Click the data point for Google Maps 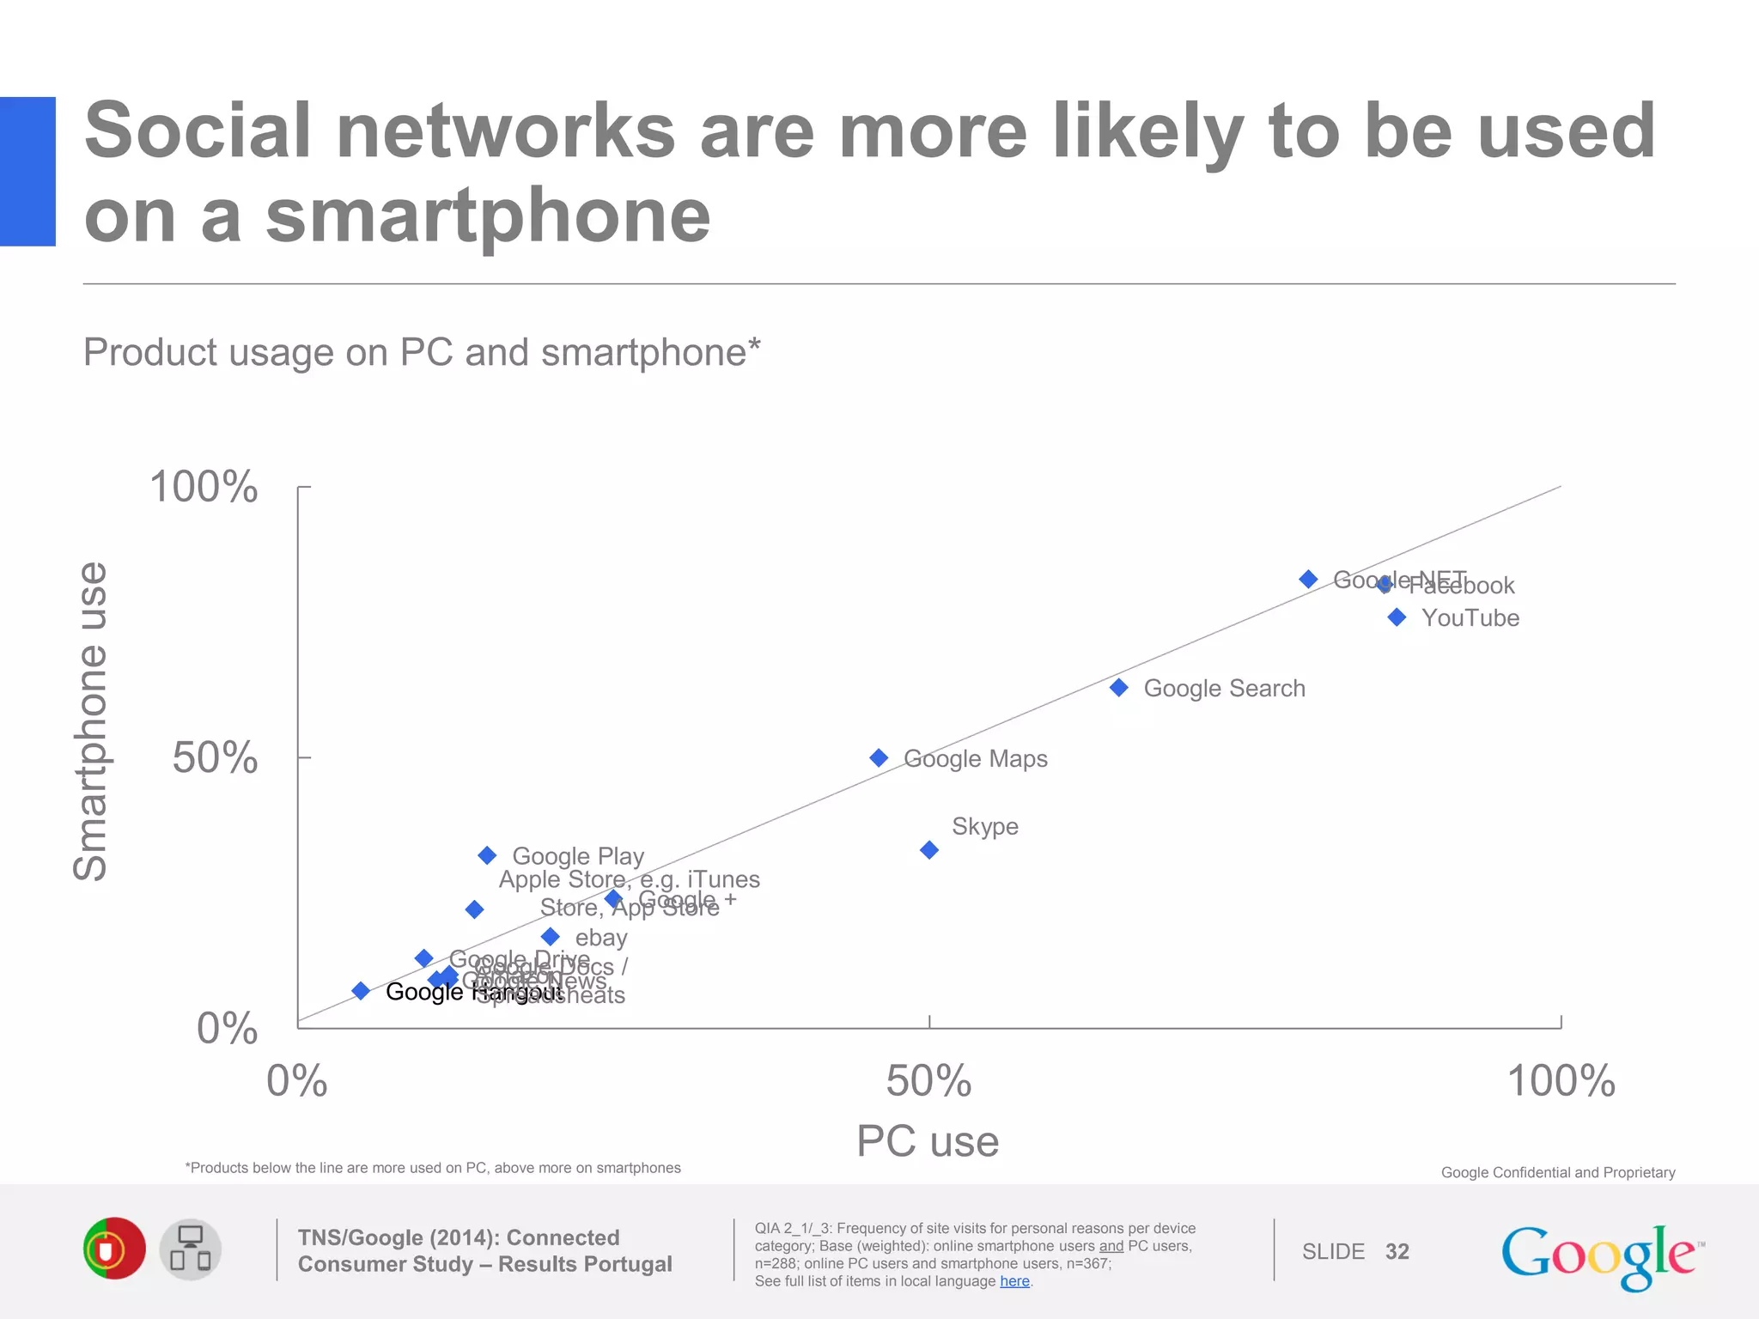click(x=879, y=757)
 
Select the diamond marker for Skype click(x=929, y=850)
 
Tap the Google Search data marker click(x=1119, y=688)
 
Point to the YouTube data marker click(x=1397, y=617)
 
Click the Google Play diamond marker click(x=487, y=855)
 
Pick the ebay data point click(x=551, y=937)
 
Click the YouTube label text click(x=1470, y=618)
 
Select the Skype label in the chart click(x=984, y=826)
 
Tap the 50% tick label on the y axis click(x=215, y=757)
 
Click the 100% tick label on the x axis click(x=1561, y=1081)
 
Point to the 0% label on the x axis click(x=297, y=1081)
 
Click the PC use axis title click(x=928, y=1141)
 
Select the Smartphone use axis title click(x=91, y=721)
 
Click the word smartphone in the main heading click(x=488, y=216)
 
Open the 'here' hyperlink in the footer click(x=1014, y=1281)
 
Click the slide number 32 click(x=1397, y=1251)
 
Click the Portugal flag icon click(x=114, y=1249)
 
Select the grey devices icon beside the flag click(x=191, y=1249)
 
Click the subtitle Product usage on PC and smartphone click(x=422, y=352)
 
